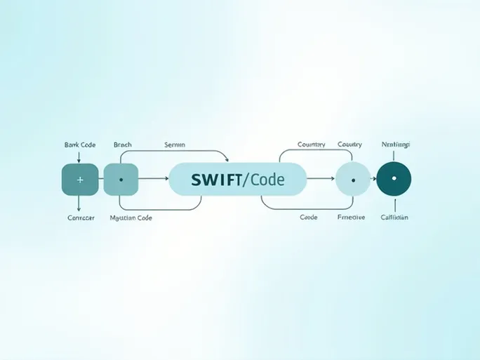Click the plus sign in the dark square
79,180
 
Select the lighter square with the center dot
121,180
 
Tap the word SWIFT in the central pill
215,180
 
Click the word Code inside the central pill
266,180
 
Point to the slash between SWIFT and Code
244,180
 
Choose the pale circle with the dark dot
352,180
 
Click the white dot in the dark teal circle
394,179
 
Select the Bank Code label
79,145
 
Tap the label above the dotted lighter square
122,145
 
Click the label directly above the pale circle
349,145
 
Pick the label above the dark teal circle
395,145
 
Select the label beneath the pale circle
351,218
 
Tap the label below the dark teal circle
394,218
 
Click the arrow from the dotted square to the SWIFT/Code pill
153,180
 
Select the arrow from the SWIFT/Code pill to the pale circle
320,180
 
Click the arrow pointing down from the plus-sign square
79,204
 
